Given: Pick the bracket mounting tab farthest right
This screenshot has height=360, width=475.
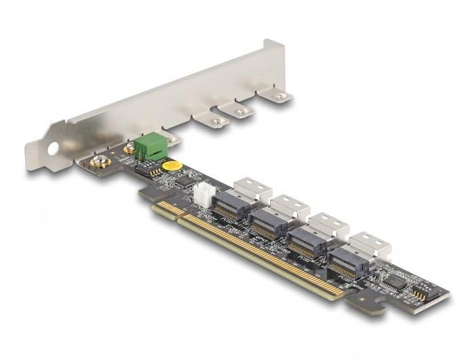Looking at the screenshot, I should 278,96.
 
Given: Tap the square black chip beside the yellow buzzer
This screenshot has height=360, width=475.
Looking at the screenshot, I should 183,182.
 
